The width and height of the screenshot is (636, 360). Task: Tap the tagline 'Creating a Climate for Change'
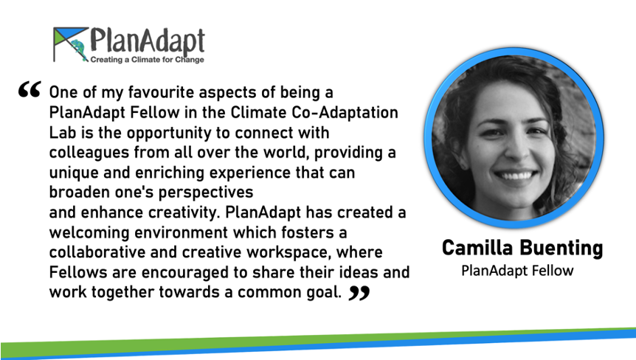pos(147,60)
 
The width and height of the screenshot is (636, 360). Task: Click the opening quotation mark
pos(30,89)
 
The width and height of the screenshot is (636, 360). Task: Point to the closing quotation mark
pos(359,293)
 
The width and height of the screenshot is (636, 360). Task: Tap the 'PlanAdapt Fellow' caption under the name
pos(517,271)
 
